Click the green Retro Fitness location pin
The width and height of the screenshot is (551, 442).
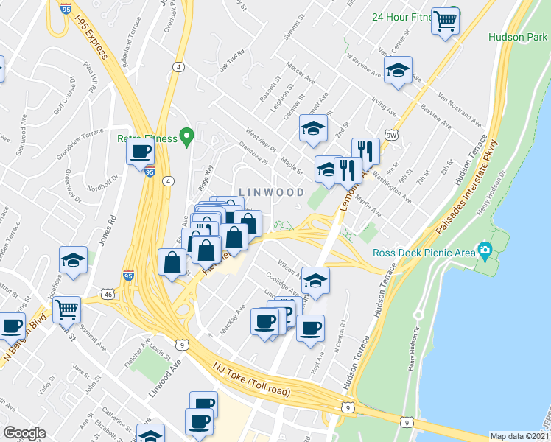pos(187,136)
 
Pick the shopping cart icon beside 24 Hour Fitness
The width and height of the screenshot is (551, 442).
pos(445,21)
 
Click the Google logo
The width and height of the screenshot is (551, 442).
pos(24,433)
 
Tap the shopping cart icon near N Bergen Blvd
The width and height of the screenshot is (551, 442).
pos(67,310)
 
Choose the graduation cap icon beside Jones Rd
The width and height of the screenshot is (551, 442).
pos(74,261)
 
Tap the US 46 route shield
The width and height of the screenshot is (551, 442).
pos(108,294)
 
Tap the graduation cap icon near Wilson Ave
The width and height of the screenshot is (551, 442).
pos(315,281)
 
